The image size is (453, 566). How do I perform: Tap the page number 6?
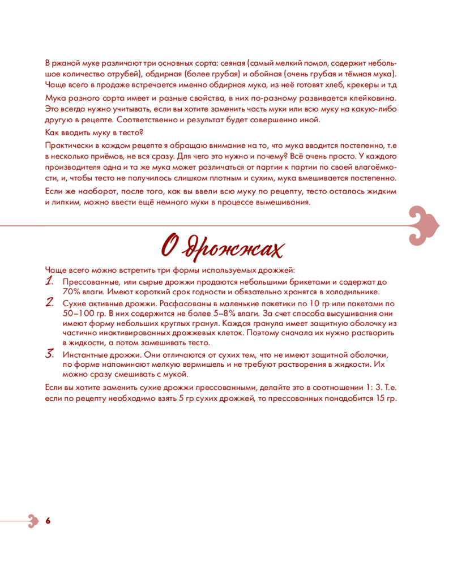pyautogui.click(x=48, y=520)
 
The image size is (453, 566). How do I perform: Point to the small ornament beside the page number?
pyautogui.click(x=32, y=520)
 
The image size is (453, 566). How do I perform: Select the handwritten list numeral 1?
pyautogui.click(x=50, y=281)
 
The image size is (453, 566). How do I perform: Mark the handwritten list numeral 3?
pyautogui.click(x=50, y=354)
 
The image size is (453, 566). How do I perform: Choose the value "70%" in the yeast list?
pyautogui.click(x=72, y=292)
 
